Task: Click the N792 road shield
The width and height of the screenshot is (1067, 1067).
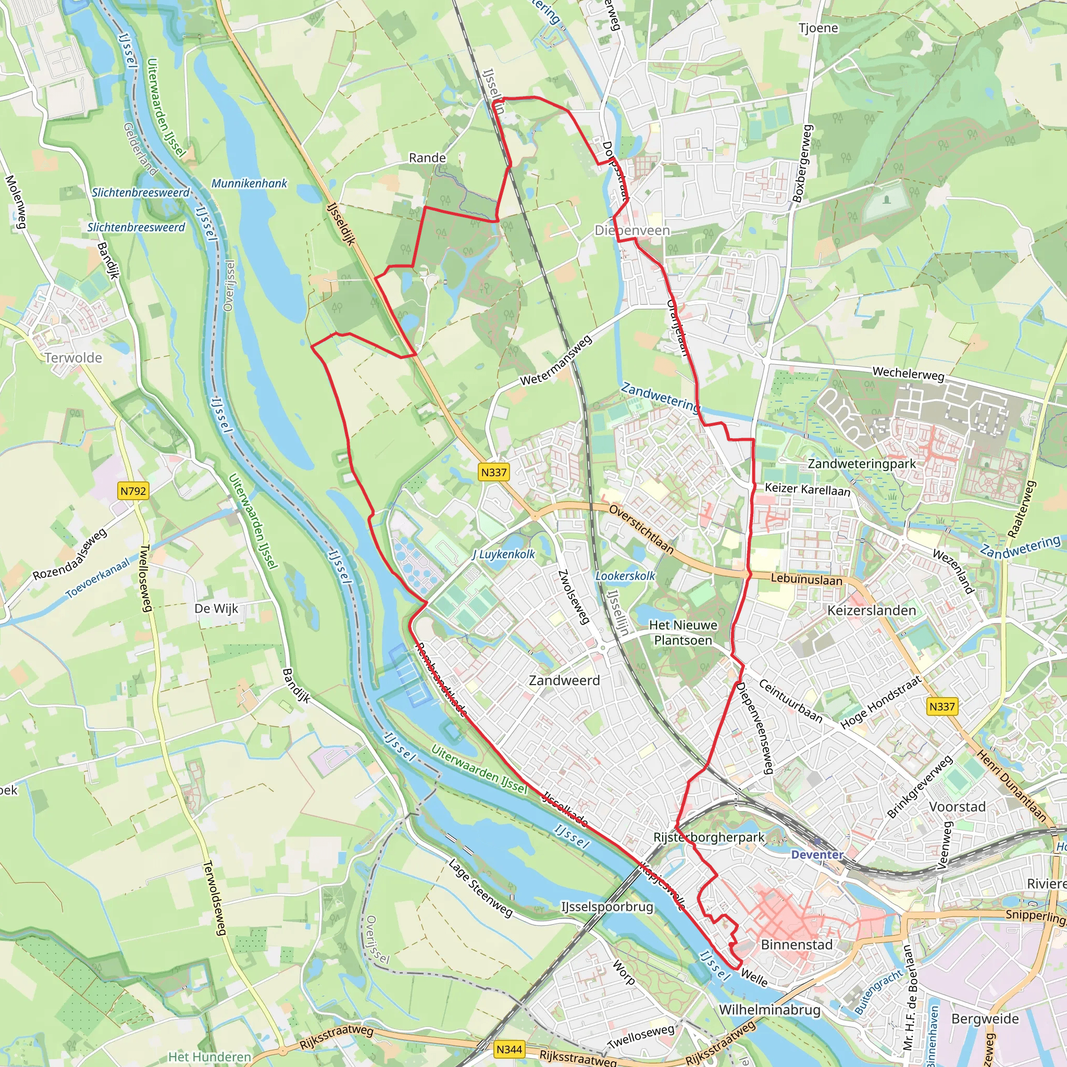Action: click(x=133, y=490)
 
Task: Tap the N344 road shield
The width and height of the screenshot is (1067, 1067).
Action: click(x=508, y=1049)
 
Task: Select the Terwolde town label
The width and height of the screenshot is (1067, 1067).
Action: click(x=73, y=358)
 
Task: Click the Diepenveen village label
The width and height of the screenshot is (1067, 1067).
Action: click(x=632, y=230)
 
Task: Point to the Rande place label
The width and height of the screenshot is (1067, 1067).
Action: click(x=427, y=158)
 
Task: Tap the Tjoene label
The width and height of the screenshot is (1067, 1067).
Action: click(x=818, y=28)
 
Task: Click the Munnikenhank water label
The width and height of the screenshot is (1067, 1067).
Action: click(x=249, y=183)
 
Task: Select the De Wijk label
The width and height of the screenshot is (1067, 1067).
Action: click(x=216, y=609)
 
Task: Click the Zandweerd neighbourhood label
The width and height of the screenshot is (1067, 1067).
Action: click(x=564, y=680)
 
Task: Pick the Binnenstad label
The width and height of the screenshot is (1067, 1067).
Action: click(x=797, y=945)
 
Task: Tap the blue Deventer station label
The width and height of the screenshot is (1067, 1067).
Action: click(x=817, y=855)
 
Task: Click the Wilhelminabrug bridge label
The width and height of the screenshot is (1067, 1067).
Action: click(x=770, y=1010)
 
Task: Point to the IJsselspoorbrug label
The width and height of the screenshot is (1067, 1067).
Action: click(x=607, y=907)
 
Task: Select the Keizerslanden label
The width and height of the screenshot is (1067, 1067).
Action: click(x=872, y=610)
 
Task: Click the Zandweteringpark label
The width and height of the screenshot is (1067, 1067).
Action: click(x=862, y=464)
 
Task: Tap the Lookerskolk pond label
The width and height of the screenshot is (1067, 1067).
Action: click(x=625, y=576)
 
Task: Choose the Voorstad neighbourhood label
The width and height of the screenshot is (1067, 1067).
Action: click(x=957, y=807)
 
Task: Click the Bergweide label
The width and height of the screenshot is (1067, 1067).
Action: click(x=985, y=1019)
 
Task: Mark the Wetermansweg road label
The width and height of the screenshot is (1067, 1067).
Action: click(x=555, y=361)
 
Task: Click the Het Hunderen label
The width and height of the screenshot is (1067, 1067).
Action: click(x=209, y=1057)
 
